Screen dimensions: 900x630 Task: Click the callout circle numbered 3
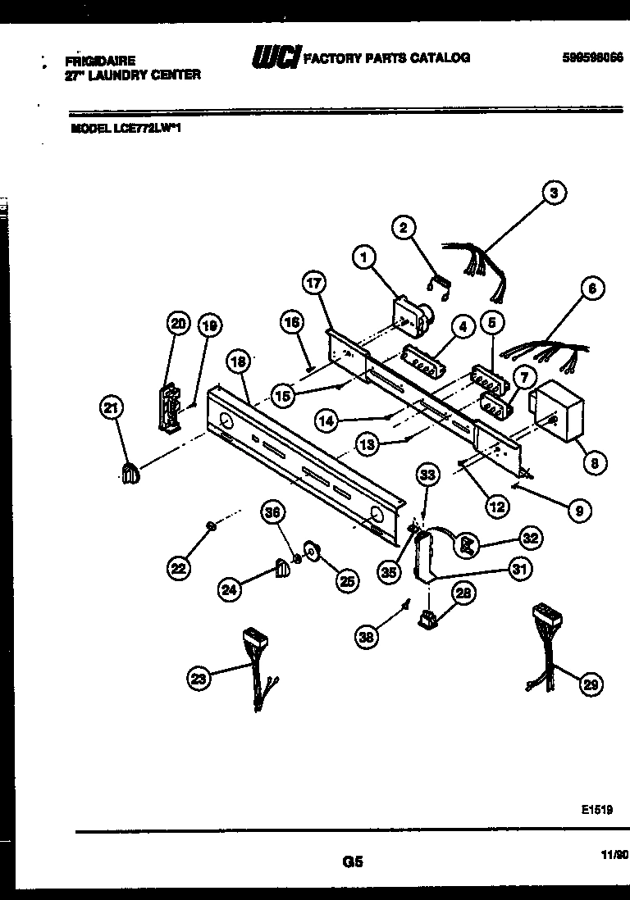(x=555, y=194)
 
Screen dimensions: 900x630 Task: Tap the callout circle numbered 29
(x=591, y=684)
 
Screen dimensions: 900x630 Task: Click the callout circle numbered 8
(x=595, y=463)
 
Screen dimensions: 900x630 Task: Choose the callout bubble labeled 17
(x=314, y=283)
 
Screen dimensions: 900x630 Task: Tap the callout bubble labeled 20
(x=178, y=325)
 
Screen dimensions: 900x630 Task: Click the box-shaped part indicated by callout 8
(x=555, y=415)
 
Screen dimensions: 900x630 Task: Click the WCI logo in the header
(x=275, y=57)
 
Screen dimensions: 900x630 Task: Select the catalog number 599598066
(x=592, y=57)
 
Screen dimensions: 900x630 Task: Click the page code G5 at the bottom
(x=352, y=861)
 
